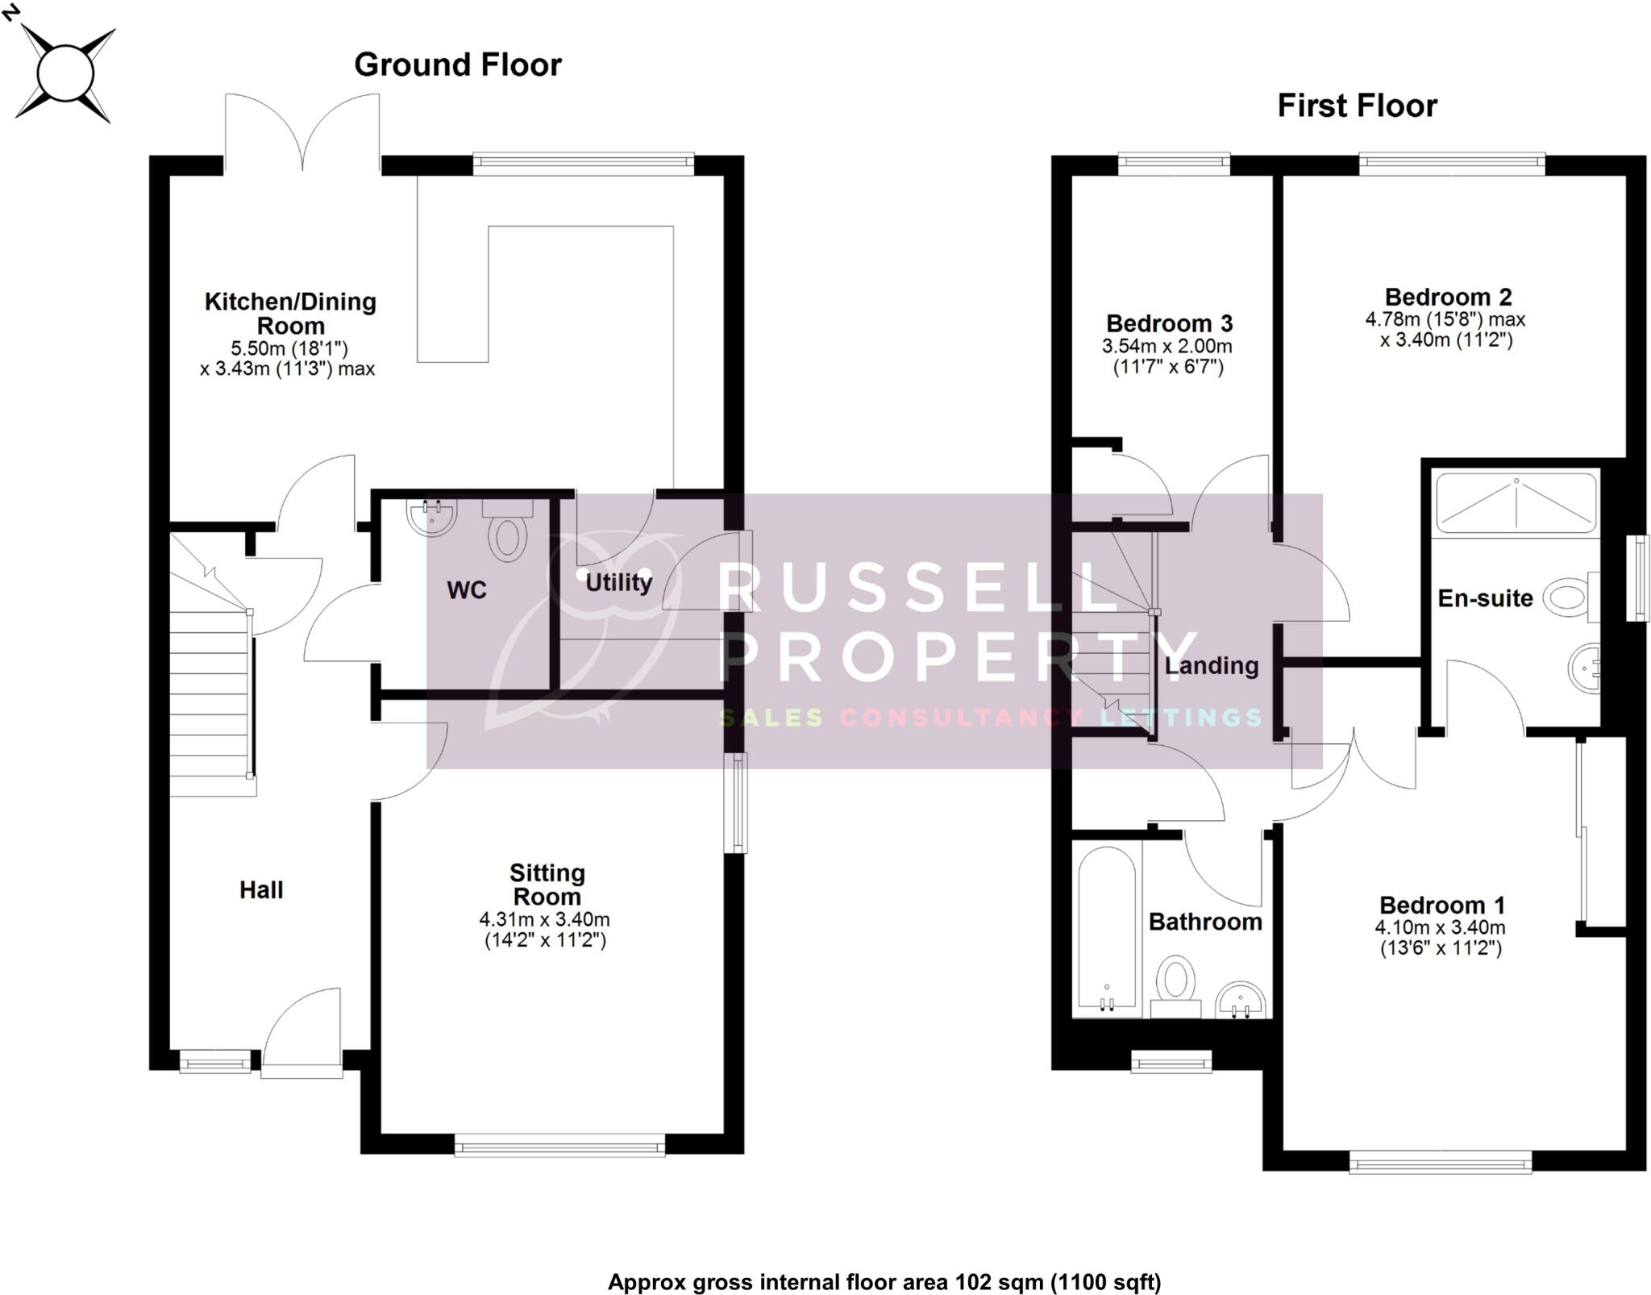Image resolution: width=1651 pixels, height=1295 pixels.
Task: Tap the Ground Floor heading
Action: (x=457, y=65)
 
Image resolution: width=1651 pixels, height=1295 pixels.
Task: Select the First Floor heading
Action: (x=1357, y=106)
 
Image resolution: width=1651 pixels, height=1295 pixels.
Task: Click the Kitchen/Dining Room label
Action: (x=290, y=314)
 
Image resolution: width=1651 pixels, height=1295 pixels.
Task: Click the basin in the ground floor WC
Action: (x=432, y=517)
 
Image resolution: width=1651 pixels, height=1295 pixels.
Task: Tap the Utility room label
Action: (x=618, y=582)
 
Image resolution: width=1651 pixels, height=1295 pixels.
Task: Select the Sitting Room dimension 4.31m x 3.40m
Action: (x=545, y=919)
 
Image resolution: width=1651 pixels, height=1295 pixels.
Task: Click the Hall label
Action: (x=261, y=889)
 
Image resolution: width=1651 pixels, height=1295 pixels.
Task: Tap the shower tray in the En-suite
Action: (x=1516, y=503)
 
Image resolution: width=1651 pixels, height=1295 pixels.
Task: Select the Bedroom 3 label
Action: (x=1169, y=323)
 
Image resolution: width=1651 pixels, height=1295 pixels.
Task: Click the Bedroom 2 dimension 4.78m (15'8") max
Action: (x=1445, y=319)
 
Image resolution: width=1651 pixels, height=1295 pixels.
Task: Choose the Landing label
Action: (x=1212, y=665)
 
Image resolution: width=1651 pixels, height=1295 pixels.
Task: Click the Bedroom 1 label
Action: (x=1441, y=905)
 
